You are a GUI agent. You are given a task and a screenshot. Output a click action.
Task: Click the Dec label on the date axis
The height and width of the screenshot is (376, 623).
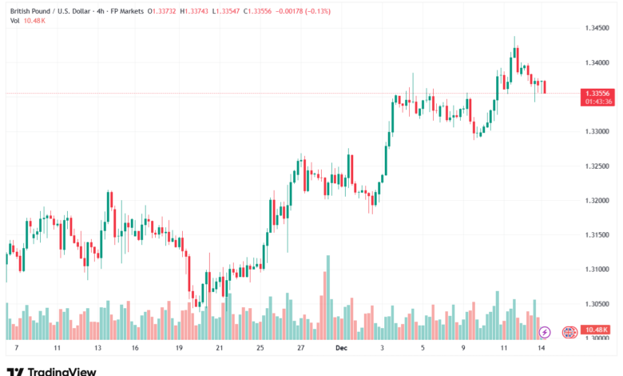click(340, 349)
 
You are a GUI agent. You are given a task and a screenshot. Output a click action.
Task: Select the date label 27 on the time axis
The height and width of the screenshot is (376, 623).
click(300, 349)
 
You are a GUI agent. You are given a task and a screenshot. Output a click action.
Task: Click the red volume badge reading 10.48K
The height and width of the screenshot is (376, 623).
click(596, 330)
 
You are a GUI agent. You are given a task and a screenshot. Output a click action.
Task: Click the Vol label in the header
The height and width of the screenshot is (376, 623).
click(15, 20)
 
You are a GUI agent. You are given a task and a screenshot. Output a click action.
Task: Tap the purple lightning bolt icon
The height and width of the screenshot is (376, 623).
click(545, 331)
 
